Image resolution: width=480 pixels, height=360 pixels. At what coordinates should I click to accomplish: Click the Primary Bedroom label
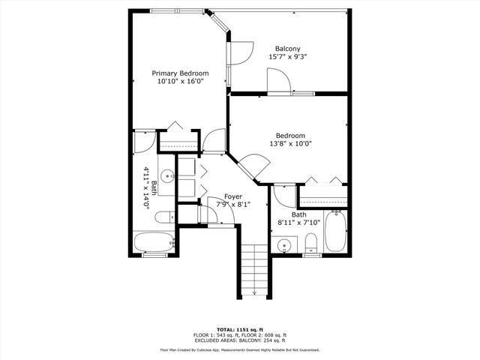(180, 73)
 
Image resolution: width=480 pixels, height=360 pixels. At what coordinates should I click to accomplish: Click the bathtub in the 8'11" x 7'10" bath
(337, 232)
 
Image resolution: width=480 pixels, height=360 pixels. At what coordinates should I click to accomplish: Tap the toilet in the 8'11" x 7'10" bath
(310, 242)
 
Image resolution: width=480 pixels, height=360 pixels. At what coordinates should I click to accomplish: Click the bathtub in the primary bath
(154, 242)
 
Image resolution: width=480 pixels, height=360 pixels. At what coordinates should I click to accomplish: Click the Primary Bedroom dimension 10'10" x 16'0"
(180, 82)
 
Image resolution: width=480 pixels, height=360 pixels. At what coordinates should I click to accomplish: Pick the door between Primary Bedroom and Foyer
(214, 139)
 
